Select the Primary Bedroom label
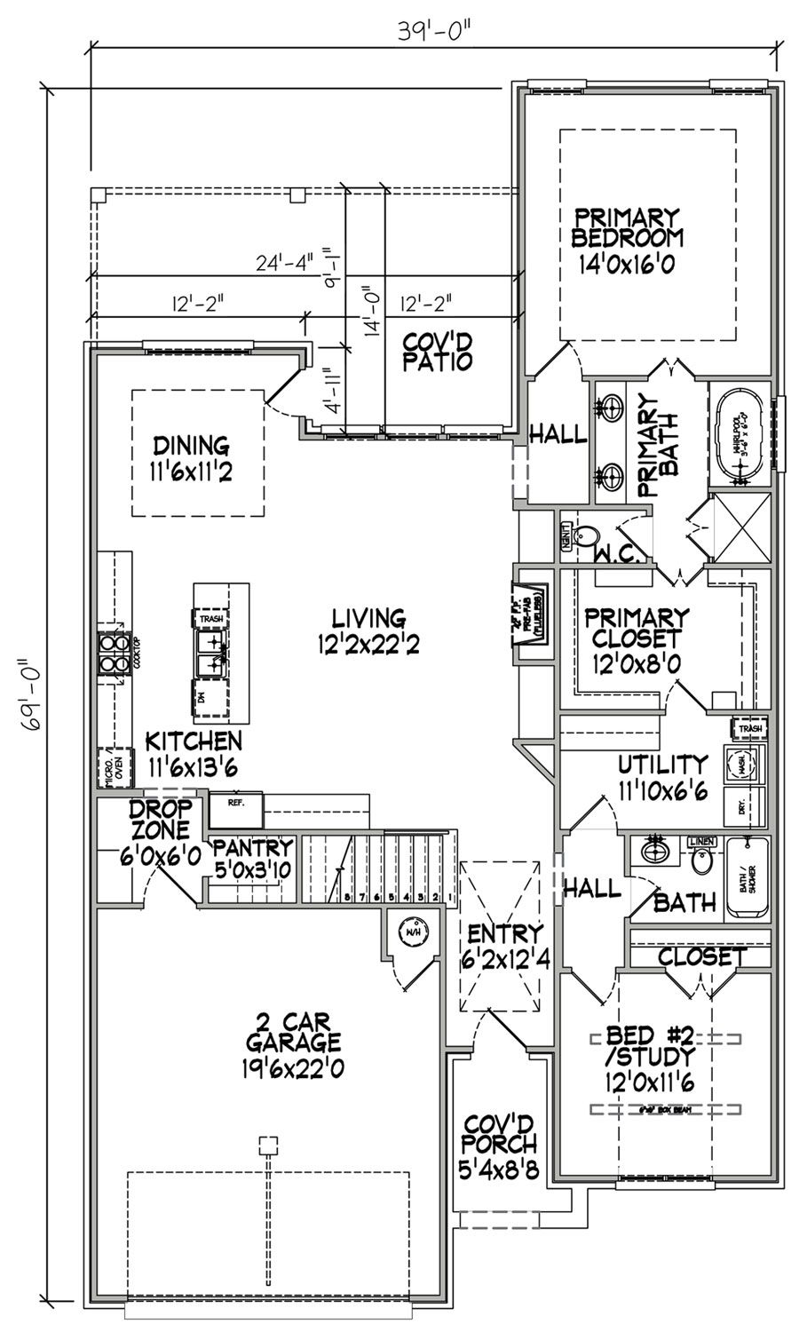[x=627, y=240]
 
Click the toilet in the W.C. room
[x=585, y=536]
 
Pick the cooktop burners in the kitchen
[x=113, y=654]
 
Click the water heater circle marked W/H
[x=412, y=932]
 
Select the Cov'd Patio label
[x=436, y=352]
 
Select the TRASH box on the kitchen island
[x=211, y=619]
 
